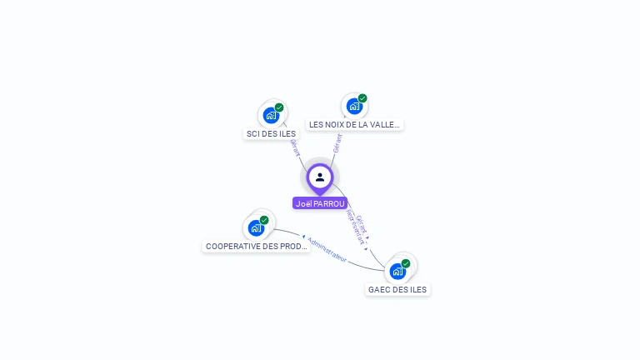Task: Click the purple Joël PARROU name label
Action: (320, 203)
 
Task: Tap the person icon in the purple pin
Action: (320, 177)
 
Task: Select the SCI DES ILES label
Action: (271, 133)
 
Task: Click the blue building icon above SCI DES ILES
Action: (271, 116)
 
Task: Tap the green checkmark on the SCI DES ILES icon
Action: (279, 107)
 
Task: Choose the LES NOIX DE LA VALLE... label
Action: (354, 125)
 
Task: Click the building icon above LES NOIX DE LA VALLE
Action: (354, 107)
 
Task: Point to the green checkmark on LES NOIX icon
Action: (362, 98)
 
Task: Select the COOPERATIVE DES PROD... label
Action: (257, 247)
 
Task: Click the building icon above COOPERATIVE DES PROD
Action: (256, 228)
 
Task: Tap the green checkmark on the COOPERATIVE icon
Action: (264, 220)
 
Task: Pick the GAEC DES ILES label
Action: (397, 290)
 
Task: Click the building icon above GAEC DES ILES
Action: (397, 272)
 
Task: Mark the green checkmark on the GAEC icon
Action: (406, 263)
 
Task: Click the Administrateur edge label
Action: (327, 249)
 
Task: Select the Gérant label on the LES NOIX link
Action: (337, 142)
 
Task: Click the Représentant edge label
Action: (356, 230)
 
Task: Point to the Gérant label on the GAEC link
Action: (362, 222)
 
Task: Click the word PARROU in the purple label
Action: (329, 203)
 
